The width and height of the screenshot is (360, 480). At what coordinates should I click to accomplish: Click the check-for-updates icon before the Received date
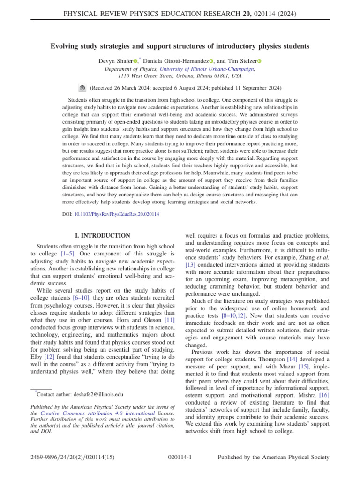point(82,88)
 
